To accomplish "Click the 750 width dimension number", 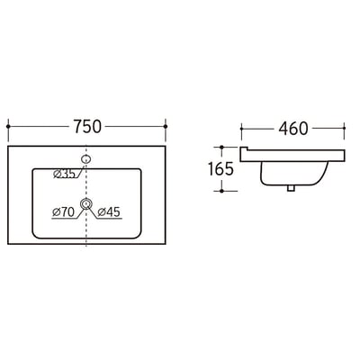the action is pyautogui.click(x=87, y=126).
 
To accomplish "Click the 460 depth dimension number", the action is pyautogui.click(x=293, y=129).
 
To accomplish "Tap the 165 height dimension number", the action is pyautogui.click(x=220, y=169).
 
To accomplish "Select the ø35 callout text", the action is pyautogui.click(x=64, y=174).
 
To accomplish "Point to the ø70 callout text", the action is pyautogui.click(x=63, y=212).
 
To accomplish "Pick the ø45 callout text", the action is pyautogui.click(x=109, y=212).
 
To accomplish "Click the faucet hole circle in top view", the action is pyautogui.click(x=86, y=159).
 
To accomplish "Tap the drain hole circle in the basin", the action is pyautogui.click(x=86, y=204).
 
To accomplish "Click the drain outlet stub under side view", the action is pyautogui.click(x=291, y=188).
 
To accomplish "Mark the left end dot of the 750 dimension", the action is pyautogui.click(x=9, y=126).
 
